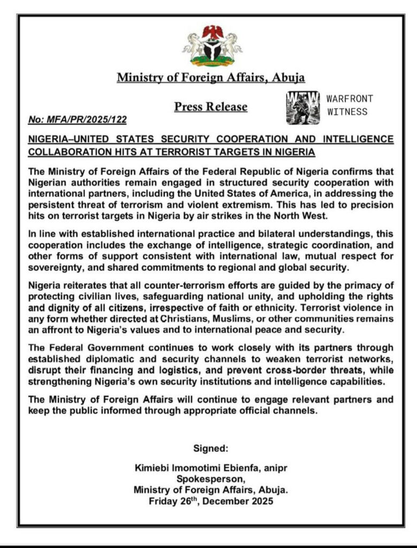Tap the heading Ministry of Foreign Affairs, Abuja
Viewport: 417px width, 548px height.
(211, 78)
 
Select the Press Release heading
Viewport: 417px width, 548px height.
(211, 107)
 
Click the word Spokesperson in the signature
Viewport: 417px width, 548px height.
(211, 479)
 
